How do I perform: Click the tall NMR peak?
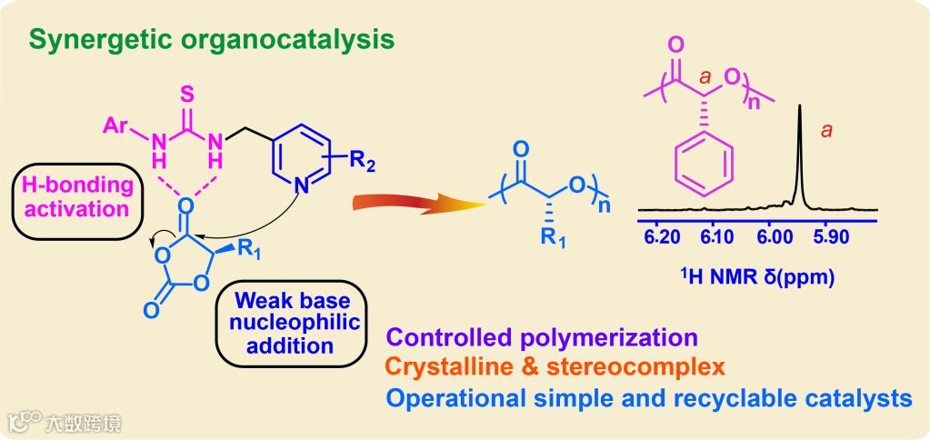pos(799,150)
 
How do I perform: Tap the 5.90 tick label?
pos(827,238)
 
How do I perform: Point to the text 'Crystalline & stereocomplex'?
pos(555,367)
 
